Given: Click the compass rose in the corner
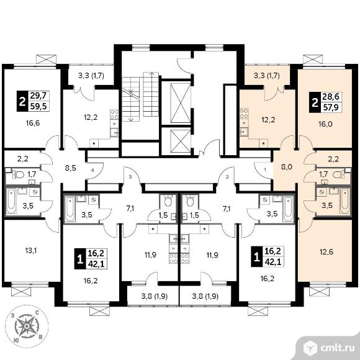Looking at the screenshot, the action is [27, 326].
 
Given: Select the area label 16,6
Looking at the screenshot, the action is [33, 124].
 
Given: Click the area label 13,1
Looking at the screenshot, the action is [31, 251].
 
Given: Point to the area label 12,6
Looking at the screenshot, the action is [326, 252].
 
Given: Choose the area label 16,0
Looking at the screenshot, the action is [326, 124].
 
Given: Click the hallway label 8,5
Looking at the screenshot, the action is [71, 168].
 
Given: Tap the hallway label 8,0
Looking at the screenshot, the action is [287, 167].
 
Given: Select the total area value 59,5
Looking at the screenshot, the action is [38, 106].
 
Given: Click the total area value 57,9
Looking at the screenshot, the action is [331, 107].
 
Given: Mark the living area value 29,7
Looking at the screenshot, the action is [38, 96].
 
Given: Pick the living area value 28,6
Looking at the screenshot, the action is [331, 96].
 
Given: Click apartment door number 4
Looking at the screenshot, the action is [92, 170].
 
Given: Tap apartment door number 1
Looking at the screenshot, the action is [265, 170].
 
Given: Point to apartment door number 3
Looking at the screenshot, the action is [130, 177].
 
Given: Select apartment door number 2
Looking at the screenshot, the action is [227, 177].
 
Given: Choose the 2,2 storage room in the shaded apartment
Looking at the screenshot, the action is [333, 159].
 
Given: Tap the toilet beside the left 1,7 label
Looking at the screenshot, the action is [19, 174].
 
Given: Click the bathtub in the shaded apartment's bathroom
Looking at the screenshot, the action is [344, 202].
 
